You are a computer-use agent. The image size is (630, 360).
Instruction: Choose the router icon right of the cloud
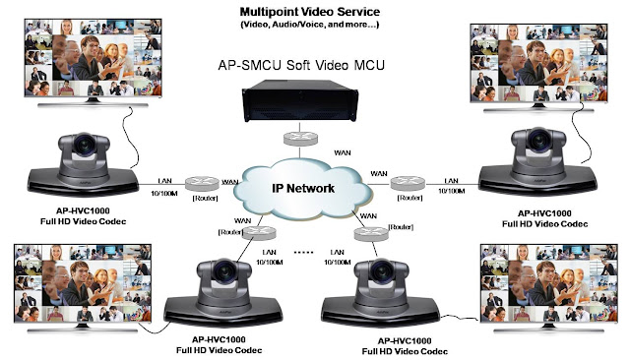pos(404,183)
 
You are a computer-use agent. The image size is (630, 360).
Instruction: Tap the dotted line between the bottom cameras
pos(303,252)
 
